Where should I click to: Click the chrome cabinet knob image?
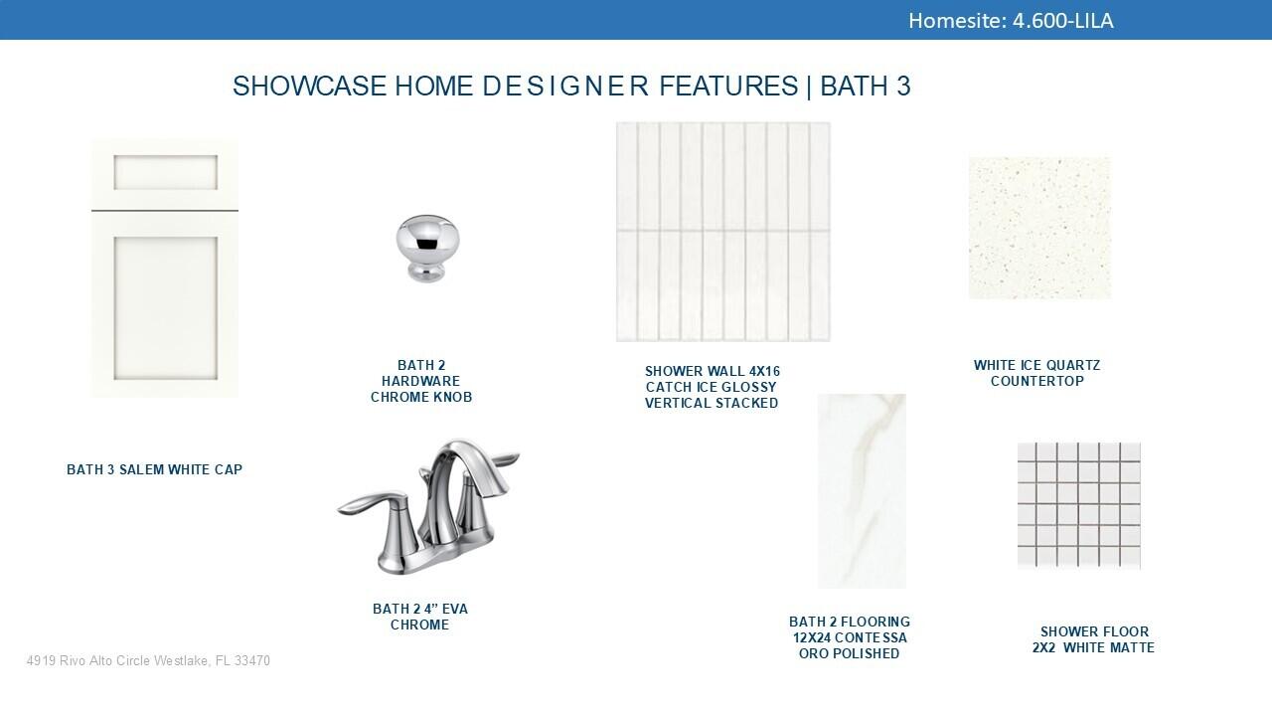coord(427,249)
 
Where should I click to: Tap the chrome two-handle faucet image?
coord(428,506)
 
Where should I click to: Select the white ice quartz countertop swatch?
coord(1039,228)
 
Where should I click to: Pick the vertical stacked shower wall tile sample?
coord(722,232)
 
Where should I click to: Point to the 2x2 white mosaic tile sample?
coord(1079,506)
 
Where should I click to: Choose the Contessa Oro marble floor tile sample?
coord(862,491)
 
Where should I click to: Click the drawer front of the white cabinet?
coord(165,173)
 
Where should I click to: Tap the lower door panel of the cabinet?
coord(165,308)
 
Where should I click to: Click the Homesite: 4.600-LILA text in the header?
coord(1011,21)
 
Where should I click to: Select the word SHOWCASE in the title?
coord(309,87)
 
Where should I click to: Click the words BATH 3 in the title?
coord(866,87)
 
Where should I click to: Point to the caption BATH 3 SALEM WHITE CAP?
coord(154,469)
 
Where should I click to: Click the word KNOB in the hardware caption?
coord(451,397)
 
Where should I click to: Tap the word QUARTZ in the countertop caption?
coord(1073,365)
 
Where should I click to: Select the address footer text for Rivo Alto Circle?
coord(148,661)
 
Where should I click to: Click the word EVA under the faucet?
coord(455,609)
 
